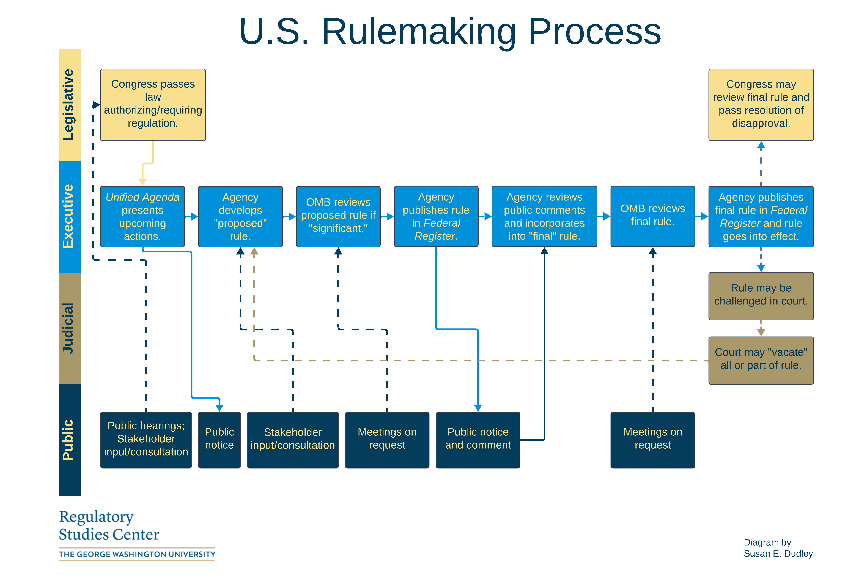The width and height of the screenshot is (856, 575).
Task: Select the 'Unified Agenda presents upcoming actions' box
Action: point(142,216)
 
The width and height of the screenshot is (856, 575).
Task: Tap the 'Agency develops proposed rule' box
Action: point(240,216)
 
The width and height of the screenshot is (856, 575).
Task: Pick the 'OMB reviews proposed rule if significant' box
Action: point(338,216)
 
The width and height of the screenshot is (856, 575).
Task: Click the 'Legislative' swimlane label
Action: point(69,105)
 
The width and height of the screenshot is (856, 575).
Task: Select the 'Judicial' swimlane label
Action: point(69,328)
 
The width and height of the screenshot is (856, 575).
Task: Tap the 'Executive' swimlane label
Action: point(69,216)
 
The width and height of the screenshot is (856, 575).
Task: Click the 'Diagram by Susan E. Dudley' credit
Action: point(778,548)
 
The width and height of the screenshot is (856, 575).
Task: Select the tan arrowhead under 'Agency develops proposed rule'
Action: point(254,251)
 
